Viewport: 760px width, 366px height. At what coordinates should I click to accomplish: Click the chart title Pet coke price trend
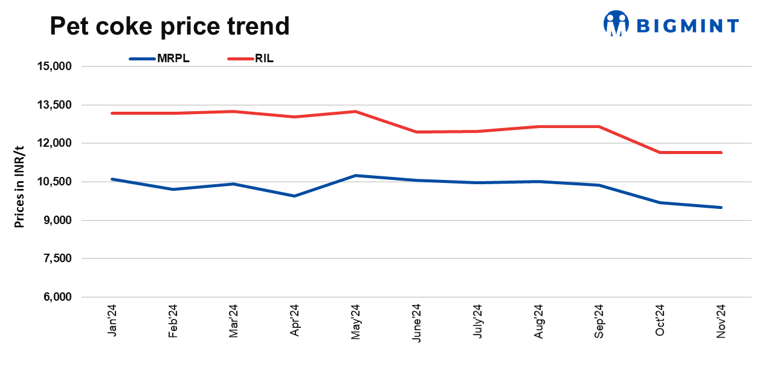click(169, 26)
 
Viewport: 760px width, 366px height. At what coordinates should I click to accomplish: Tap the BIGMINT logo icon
click(616, 24)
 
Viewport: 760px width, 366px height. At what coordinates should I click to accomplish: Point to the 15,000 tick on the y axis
click(55, 66)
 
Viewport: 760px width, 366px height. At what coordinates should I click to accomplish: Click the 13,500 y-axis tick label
click(55, 105)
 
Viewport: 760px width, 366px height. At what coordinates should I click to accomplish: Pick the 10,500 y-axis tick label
click(55, 182)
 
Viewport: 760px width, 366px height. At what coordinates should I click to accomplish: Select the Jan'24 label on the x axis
click(112, 321)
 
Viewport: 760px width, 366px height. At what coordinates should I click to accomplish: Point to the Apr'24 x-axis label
click(295, 321)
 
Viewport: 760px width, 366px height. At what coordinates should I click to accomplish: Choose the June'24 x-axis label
click(416, 322)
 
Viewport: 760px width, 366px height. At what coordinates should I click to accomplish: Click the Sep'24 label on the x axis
click(599, 321)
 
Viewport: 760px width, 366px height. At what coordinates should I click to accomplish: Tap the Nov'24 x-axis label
click(720, 321)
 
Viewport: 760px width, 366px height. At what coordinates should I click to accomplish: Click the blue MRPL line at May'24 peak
click(355, 176)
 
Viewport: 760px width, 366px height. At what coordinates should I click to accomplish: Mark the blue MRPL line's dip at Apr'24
click(295, 196)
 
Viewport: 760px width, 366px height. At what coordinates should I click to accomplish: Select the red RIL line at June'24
click(416, 132)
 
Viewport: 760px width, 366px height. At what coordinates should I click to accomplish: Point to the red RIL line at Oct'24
click(660, 152)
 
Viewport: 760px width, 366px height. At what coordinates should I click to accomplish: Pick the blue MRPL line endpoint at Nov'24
click(720, 207)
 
